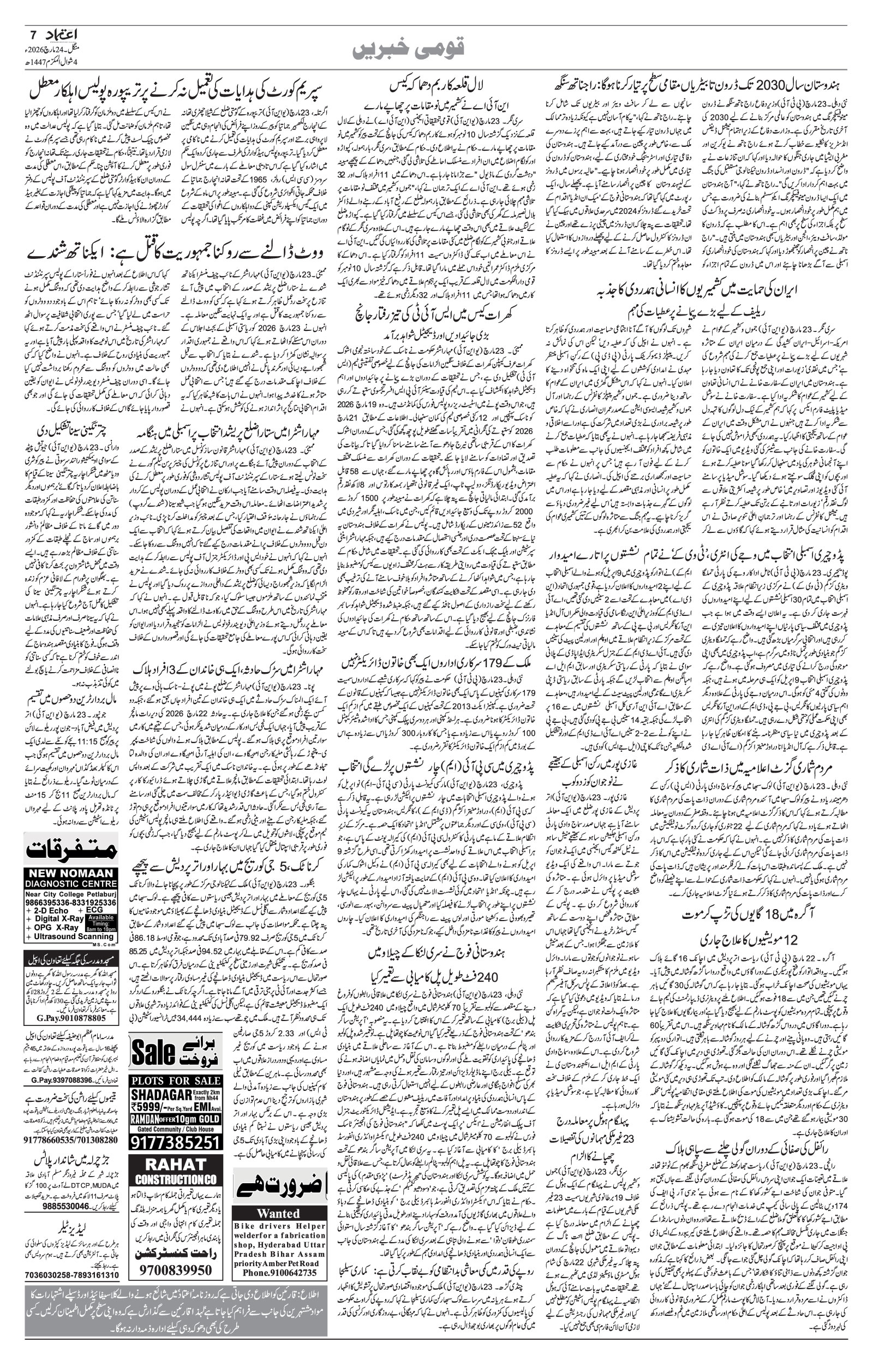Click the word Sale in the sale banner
[153, 1052]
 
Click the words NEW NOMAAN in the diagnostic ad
[71, 890]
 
